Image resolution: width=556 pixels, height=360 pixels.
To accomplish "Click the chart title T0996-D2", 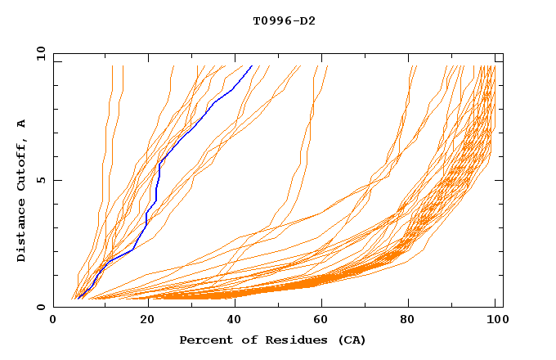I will pos(284,20).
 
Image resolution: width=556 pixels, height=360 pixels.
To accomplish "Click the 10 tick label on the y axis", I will pos(40,53).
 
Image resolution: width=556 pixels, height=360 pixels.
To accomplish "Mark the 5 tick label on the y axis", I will pos(43,180).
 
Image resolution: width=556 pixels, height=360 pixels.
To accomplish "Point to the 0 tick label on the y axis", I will pos(43,307).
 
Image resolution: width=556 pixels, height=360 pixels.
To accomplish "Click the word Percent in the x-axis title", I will pos(202,340).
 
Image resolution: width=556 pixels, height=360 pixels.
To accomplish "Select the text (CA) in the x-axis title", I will pos(352,340).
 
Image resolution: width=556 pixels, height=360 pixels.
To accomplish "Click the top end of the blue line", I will pos(252,66).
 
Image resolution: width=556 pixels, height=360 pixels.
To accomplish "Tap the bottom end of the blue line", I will pos(78,298).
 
